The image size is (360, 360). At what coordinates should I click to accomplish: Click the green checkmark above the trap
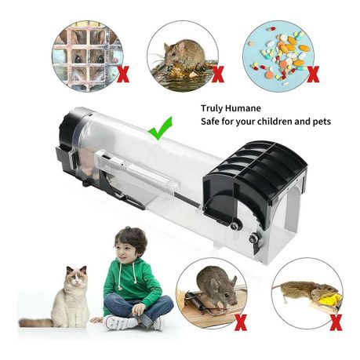click(x=159, y=129)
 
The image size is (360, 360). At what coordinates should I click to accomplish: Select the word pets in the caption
click(x=322, y=122)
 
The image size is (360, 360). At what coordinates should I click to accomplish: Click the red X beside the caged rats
click(x=123, y=75)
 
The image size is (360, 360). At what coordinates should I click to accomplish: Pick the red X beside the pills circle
click(x=313, y=75)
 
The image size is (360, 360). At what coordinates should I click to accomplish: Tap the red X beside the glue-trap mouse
click(x=218, y=75)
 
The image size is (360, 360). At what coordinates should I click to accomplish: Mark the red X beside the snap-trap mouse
click(x=241, y=322)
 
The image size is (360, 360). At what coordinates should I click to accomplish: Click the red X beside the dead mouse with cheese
click(x=336, y=322)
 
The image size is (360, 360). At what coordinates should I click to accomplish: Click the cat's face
click(x=76, y=276)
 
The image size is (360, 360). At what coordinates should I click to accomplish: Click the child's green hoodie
click(x=131, y=284)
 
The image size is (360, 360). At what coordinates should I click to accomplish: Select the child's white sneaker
click(x=120, y=322)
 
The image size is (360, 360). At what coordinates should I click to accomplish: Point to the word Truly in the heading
click(x=212, y=108)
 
